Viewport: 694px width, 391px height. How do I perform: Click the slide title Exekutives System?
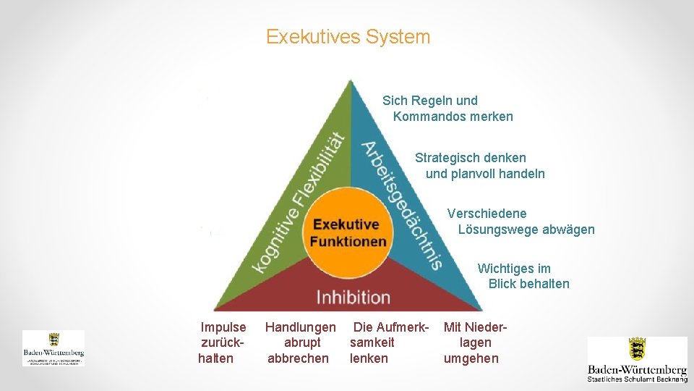(348, 37)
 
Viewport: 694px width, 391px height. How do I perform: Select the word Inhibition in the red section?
(353, 297)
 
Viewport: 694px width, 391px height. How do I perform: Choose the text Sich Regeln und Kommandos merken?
(447, 109)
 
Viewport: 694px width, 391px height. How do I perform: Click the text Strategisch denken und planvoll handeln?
(480, 166)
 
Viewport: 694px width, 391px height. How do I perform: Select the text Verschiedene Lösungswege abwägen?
(520, 222)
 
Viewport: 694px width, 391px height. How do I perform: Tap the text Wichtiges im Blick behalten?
(523, 276)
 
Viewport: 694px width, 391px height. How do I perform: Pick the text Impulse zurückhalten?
(223, 342)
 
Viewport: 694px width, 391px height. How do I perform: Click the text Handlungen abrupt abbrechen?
(300, 342)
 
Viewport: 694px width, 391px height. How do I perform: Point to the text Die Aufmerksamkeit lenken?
(389, 342)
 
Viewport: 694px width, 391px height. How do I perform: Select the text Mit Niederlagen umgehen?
(475, 342)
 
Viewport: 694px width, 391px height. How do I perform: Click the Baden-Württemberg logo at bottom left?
(53, 348)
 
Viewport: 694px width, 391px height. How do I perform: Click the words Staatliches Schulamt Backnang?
(637, 379)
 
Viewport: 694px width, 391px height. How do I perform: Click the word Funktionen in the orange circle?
(348, 241)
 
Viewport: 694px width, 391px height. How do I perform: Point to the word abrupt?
(303, 342)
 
